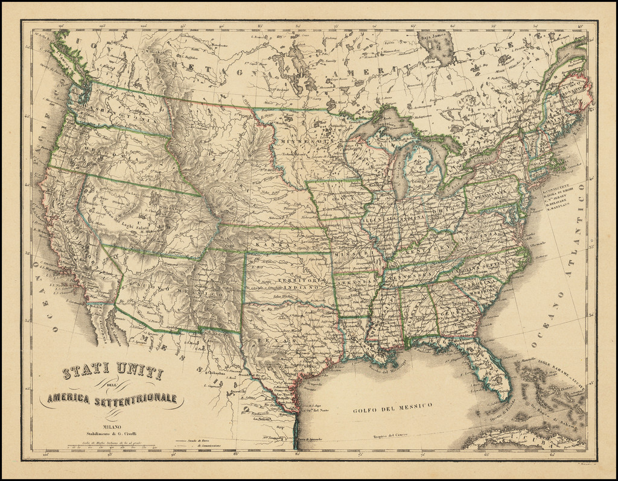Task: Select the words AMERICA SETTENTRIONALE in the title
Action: click(x=112, y=398)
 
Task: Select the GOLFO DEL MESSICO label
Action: click(x=392, y=409)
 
